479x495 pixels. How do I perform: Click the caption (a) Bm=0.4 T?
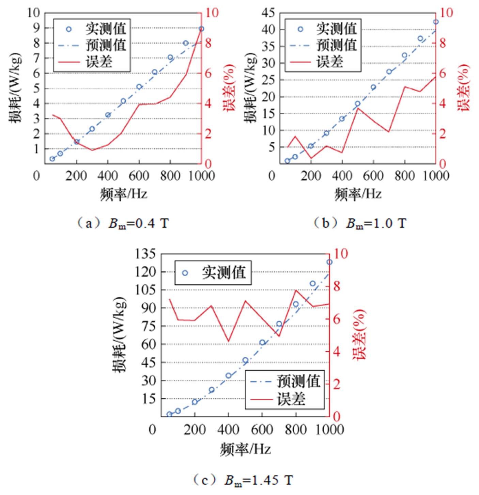tap(123, 224)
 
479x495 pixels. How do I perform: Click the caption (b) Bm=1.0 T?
tap(359, 224)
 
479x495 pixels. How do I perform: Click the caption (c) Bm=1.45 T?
tap(243, 480)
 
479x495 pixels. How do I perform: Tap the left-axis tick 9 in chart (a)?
tap(36, 28)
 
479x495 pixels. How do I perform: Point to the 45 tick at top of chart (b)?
tap(268, 13)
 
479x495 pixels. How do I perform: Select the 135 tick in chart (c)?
tap(145, 254)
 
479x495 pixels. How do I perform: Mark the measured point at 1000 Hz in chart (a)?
tap(201, 29)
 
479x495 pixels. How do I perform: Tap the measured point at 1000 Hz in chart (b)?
tap(436, 22)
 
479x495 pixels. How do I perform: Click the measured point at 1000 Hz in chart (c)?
tap(329, 262)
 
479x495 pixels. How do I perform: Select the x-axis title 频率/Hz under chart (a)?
tap(124, 194)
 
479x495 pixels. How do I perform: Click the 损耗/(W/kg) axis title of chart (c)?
tap(120, 335)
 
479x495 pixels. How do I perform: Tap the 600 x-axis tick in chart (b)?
tap(373, 176)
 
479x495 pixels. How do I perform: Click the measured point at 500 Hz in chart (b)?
tap(357, 104)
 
